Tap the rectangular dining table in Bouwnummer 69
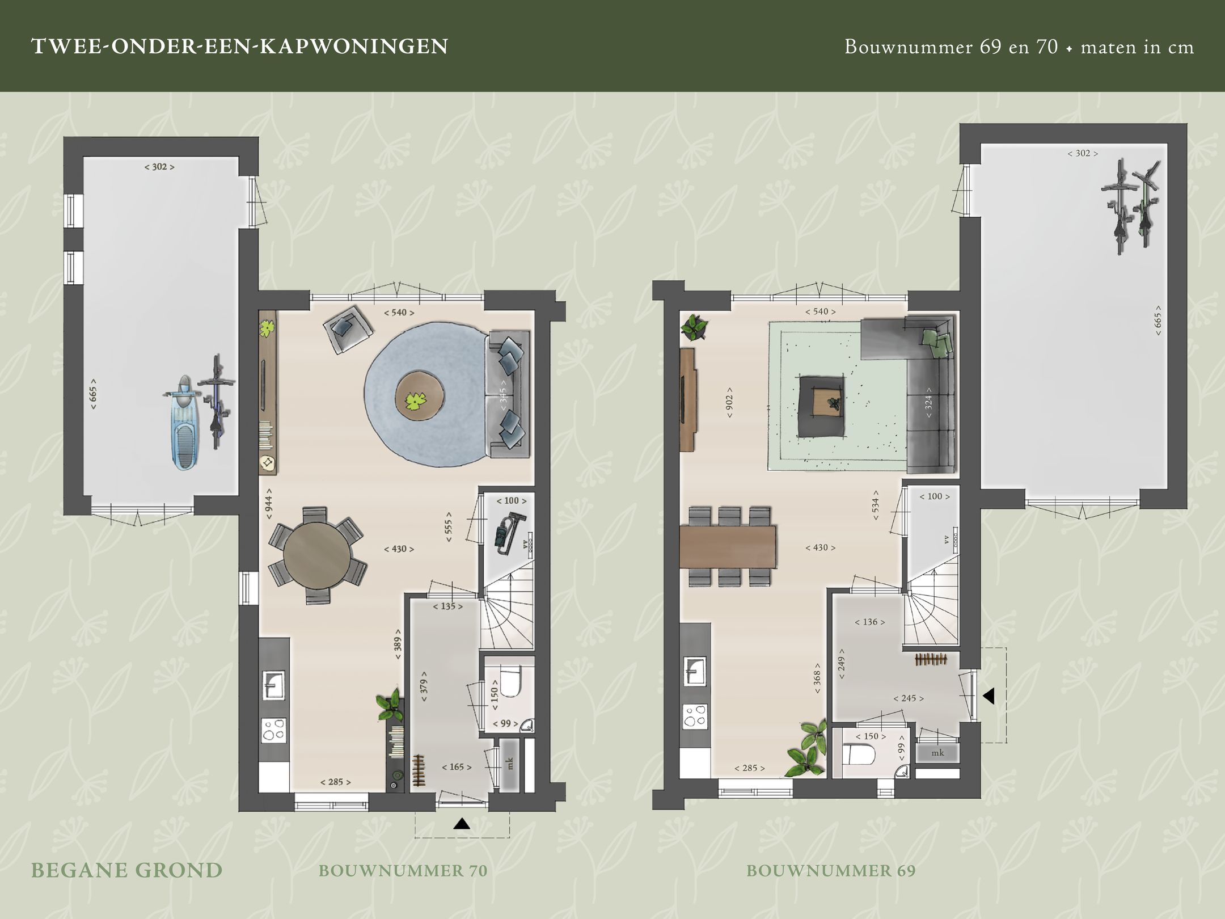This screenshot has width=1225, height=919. [x=728, y=546]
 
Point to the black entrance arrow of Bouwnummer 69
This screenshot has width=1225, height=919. [x=989, y=696]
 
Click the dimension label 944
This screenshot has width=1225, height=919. [x=269, y=503]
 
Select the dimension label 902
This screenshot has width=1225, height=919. [x=729, y=403]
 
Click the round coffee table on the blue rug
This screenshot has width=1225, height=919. [x=420, y=395]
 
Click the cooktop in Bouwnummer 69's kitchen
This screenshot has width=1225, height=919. [x=695, y=716]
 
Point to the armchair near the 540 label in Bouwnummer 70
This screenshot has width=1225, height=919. [x=348, y=328]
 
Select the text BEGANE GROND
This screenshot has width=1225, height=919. [x=126, y=870]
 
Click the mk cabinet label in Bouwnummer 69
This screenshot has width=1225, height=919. [x=937, y=753]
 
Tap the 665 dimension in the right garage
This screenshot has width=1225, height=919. [x=1158, y=321]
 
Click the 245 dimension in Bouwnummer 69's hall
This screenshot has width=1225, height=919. [x=909, y=698]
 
